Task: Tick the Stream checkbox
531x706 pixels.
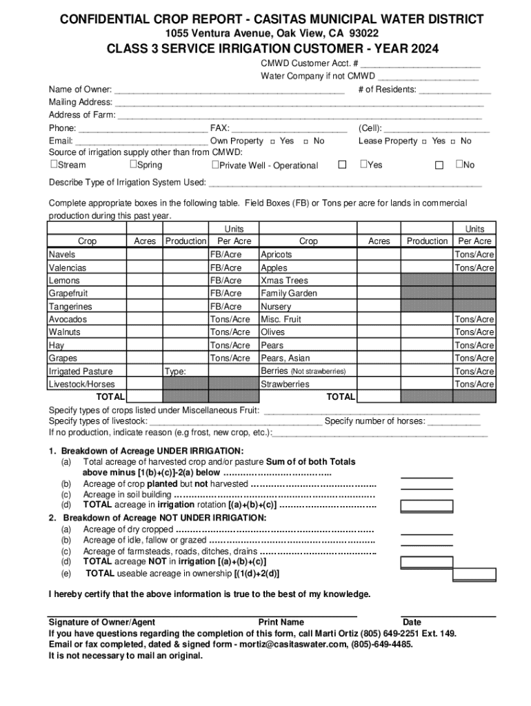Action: tap(54, 165)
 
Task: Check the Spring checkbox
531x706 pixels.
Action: tap(133, 165)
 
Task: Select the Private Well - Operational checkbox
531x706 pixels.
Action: tap(215, 165)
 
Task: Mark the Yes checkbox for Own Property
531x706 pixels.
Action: tap(273, 141)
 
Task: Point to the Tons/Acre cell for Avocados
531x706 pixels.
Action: tap(230, 319)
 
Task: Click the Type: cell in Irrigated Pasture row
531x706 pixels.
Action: tap(185, 372)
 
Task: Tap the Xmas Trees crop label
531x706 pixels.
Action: tap(284, 281)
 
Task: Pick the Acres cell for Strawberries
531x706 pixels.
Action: tap(379, 384)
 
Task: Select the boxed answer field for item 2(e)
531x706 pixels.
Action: tap(475, 574)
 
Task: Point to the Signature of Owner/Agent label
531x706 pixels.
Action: tap(101, 622)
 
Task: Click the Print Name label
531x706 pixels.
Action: tap(281, 622)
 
